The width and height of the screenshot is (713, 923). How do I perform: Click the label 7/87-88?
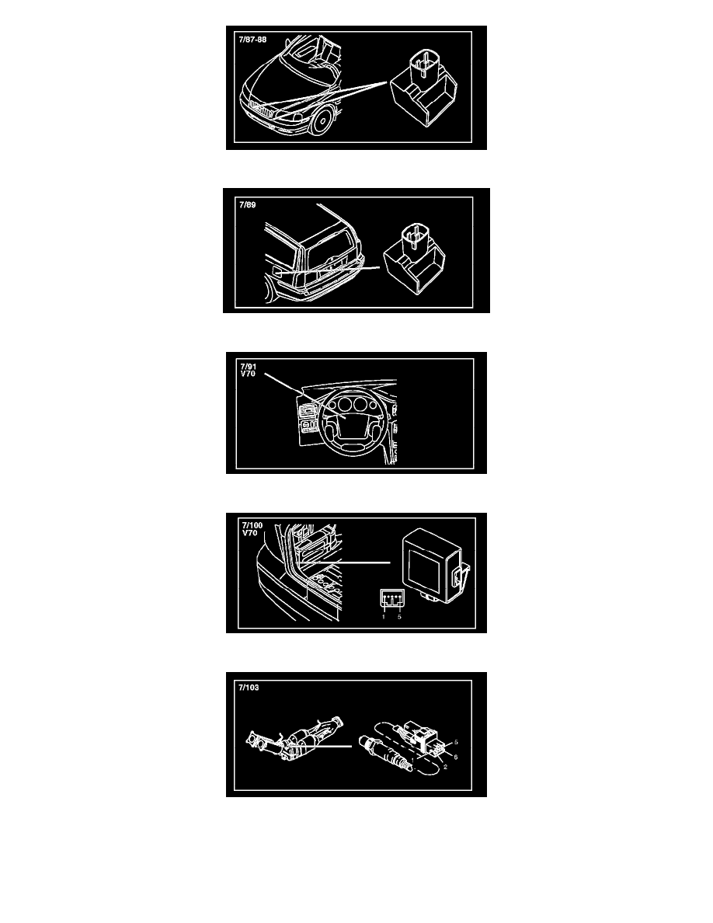click(x=252, y=40)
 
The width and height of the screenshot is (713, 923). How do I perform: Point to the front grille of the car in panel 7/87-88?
click(x=261, y=110)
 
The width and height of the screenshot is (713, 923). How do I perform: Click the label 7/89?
click(x=247, y=205)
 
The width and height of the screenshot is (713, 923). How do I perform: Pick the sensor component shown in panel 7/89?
click(x=414, y=258)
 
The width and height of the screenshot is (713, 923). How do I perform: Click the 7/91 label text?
click(x=249, y=367)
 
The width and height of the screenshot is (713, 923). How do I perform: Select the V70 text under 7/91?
click(x=248, y=374)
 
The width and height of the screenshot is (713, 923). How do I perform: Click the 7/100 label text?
click(x=252, y=526)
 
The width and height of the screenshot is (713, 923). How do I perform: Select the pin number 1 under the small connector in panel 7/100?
click(x=384, y=617)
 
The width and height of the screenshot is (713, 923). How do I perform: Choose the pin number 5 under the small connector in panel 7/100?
click(x=399, y=617)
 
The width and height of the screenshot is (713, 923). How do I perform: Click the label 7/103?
click(x=249, y=688)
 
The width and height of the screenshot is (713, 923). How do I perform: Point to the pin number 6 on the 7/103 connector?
click(x=455, y=757)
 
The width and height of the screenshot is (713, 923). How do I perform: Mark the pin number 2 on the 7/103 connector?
click(x=445, y=767)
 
